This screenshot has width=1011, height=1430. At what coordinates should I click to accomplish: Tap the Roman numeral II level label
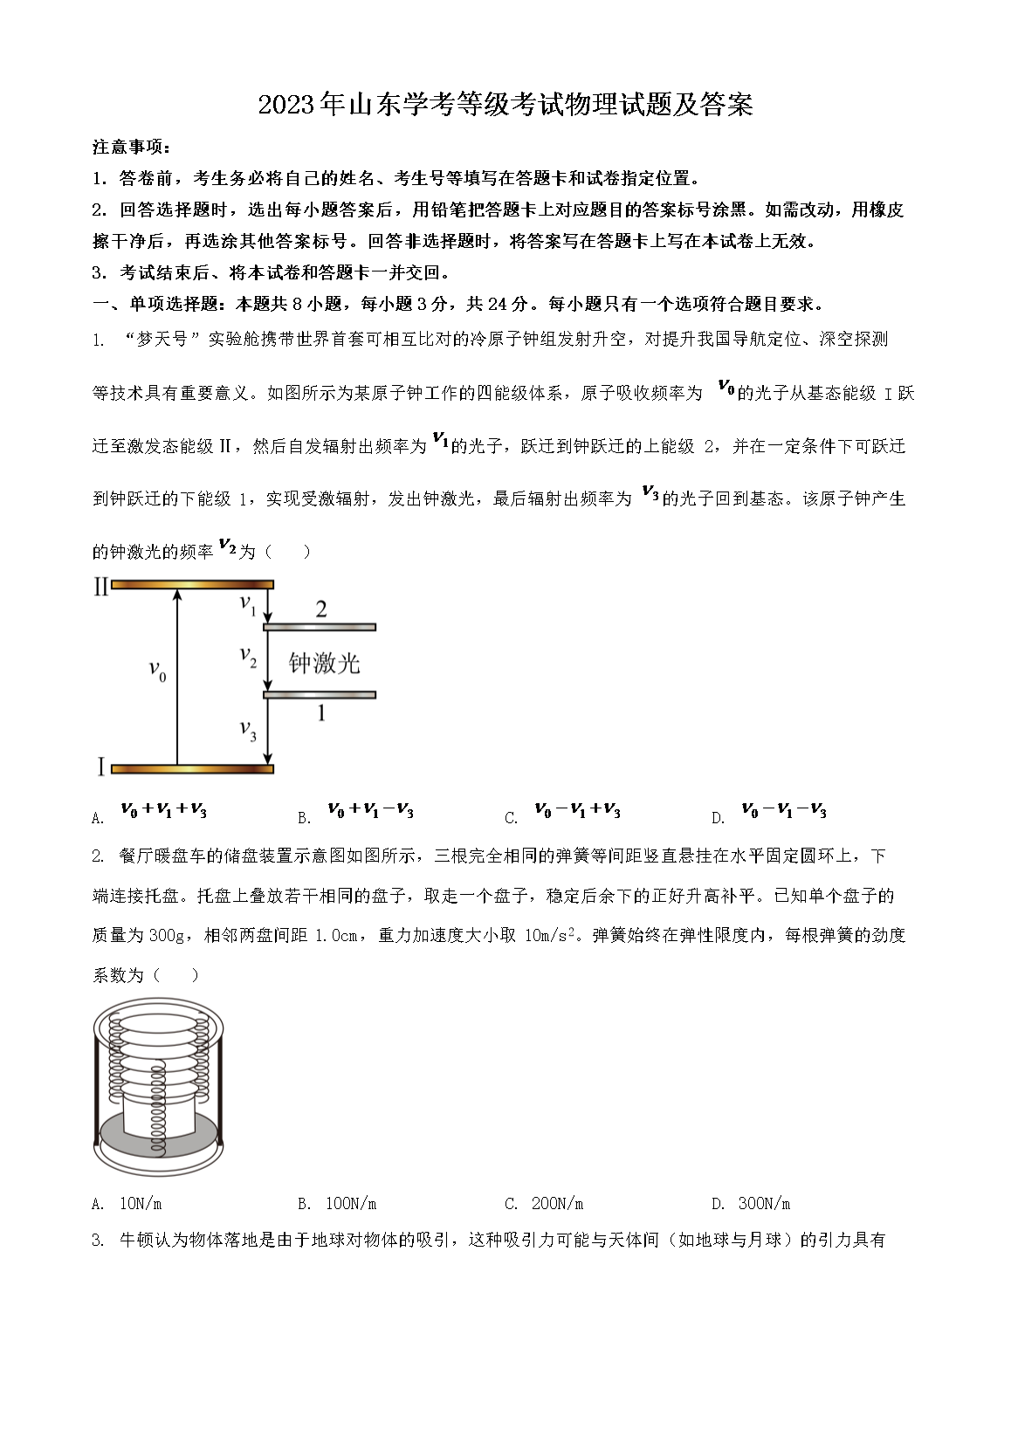[x=100, y=587]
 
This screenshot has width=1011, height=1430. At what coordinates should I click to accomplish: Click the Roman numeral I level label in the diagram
[x=100, y=768]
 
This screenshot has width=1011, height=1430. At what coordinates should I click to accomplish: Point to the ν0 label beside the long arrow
[x=157, y=671]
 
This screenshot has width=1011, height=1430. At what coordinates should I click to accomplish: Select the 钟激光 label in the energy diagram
[x=324, y=663]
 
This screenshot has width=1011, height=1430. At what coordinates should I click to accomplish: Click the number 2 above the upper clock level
[x=320, y=608]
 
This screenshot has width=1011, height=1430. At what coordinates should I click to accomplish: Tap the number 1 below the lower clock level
[x=320, y=713]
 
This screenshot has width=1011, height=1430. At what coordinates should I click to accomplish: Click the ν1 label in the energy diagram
[x=248, y=603]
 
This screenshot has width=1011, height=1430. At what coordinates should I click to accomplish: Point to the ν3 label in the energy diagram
[x=248, y=730]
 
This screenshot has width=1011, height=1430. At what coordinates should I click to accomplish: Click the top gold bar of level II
[x=192, y=585]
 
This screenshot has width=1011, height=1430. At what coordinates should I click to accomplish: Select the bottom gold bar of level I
[x=192, y=769]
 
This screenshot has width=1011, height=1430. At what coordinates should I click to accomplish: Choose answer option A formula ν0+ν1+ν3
[x=163, y=811]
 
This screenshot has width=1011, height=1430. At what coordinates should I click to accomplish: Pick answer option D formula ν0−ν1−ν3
[x=783, y=811]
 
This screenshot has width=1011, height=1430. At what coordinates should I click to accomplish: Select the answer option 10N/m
[x=141, y=1204]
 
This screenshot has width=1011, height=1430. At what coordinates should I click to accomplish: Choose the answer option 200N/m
[x=557, y=1204]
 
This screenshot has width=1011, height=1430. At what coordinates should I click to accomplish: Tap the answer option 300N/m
[x=764, y=1204]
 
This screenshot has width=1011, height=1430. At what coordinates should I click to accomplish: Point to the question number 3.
[x=97, y=1241]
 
